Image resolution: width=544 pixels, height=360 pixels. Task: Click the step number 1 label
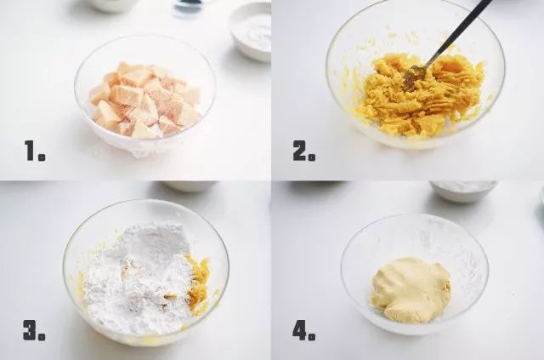click(35, 151)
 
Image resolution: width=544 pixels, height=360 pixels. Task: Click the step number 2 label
click(304, 151)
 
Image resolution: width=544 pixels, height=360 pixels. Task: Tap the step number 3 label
click(34, 330)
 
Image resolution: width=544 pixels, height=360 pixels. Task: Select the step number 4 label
click(304, 330)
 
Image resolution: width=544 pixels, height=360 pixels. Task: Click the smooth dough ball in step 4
click(411, 289)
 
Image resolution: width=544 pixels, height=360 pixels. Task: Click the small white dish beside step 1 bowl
click(250, 32)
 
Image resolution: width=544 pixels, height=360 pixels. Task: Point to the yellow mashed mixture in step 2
click(420, 94)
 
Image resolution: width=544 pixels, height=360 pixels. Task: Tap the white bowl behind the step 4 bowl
click(463, 191)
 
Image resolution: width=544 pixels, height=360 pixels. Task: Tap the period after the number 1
click(42, 157)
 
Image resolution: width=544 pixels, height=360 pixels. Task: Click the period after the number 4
click(312, 337)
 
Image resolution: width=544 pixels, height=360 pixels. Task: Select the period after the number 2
click(312, 157)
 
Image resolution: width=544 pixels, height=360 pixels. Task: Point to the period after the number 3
click(42, 337)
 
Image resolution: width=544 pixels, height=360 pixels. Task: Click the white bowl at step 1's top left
click(111, 5)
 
